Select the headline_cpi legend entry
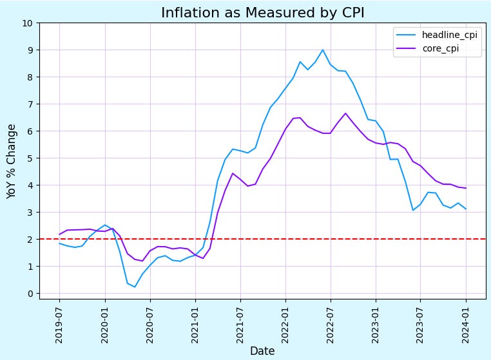coord(449,35)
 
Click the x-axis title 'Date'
coord(262,351)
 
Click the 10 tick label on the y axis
coord(28,23)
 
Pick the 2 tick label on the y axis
coord(30,240)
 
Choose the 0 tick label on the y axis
coord(30,294)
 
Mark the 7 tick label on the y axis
coord(30,104)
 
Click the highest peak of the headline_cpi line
coord(323,50)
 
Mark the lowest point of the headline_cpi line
coord(135,287)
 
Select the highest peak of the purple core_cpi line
coord(345,113)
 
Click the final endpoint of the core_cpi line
coord(466,188)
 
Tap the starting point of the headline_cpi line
coord(59,243)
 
